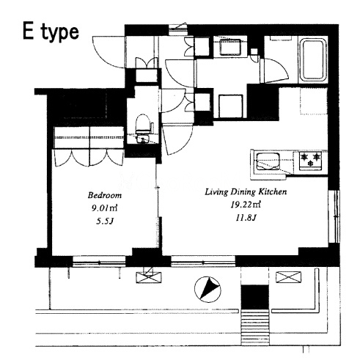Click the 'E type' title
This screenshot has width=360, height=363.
(x=51, y=32)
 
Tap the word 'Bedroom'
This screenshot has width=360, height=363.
(x=105, y=195)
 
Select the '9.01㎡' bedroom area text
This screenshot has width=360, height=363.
(x=105, y=208)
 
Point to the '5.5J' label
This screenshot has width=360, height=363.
(x=105, y=221)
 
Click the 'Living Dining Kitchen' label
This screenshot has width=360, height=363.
(x=246, y=192)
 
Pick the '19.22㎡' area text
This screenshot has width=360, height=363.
(x=246, y=205)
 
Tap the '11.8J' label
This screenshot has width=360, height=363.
(x=246, y=217)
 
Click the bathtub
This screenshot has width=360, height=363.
(x=313, y=59)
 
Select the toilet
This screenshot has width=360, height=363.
(x=144, y=124)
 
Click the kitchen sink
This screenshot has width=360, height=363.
(x=268, y=161)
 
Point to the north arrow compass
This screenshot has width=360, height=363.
(x=207, y=290)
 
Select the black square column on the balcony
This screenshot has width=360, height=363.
(x=255, y=297)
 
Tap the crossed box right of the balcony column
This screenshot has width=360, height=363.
(x=288, y=277)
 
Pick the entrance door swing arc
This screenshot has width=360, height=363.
(x=109, y=52)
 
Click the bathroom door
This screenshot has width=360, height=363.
(x=274, y=70)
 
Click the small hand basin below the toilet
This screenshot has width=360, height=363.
(x=142, y=139)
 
